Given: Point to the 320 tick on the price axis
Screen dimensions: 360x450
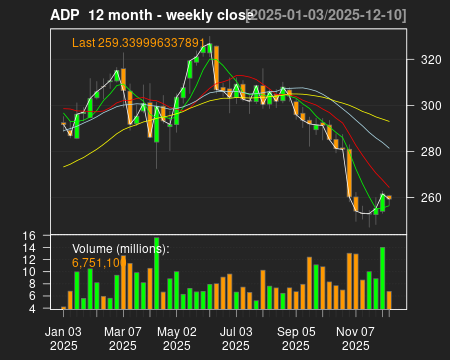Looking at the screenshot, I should pyautogui.click(x=422, y=60).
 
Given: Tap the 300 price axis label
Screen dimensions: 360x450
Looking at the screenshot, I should pyautogui.click(x=422, y=106).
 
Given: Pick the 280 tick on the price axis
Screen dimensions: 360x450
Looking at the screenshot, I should pyautogui.click(x=422, y=152).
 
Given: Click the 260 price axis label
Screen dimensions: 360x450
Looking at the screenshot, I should pyautogui.click(x=422, y=198).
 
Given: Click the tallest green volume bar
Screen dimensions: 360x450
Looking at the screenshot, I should pyautogui.click(x=156, y=272).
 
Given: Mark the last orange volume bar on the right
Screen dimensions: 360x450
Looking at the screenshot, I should pyautogui.click(x=389, y=300).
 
